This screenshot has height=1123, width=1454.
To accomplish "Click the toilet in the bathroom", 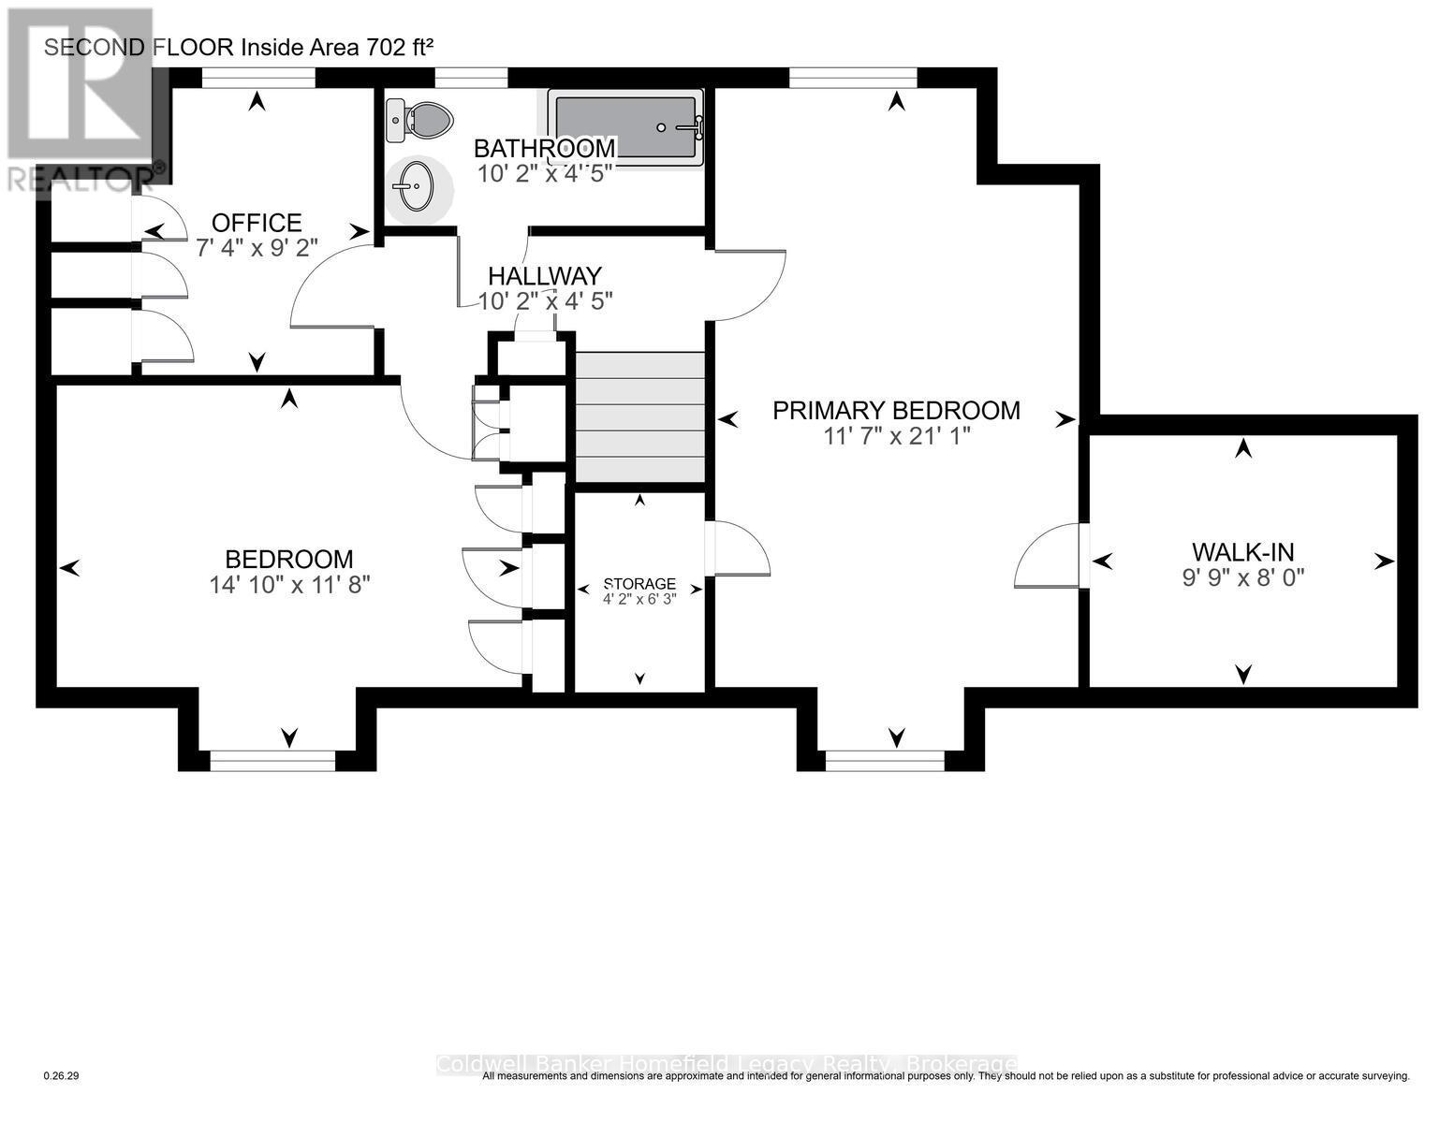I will (421, 121).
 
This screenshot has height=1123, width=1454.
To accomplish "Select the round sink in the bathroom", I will (414, 186).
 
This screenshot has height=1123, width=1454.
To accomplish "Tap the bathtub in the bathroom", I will (625, 127).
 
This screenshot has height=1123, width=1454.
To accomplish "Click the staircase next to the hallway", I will (639, 416).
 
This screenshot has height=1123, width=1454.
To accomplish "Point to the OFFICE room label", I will (257, 223).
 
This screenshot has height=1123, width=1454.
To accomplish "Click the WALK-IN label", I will (1242, 552).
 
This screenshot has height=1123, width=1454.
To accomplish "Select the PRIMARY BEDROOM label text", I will (896, 410).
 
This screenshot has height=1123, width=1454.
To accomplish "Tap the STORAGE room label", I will (639, 584).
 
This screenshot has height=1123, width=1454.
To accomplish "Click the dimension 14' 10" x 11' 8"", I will (290, 585).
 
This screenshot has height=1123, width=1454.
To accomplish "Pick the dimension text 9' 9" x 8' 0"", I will (1242, 577).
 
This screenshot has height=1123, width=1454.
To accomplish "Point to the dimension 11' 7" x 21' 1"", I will (896, 435).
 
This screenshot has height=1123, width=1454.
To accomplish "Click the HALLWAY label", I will (544, 276).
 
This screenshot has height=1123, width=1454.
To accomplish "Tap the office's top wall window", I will (257, 79).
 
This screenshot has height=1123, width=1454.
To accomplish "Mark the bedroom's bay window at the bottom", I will (272, 761).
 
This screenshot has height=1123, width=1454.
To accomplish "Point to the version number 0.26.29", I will (62, 1076).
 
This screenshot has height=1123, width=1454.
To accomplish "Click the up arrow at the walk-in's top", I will (1242, 448).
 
